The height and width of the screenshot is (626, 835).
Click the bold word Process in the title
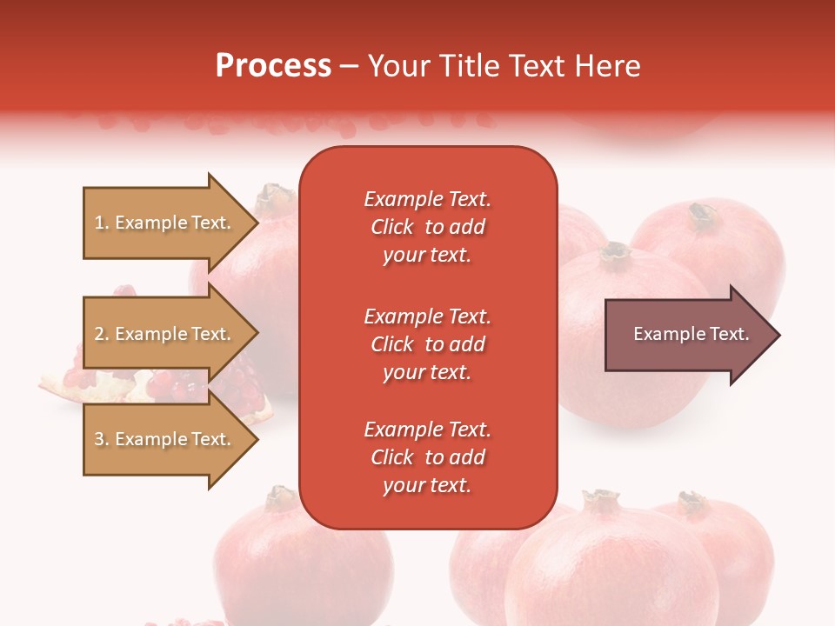(x=273, y=66)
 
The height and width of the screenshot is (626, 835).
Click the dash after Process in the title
(x=349, y=67)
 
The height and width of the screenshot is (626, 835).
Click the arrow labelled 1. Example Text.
(x=165, y=223)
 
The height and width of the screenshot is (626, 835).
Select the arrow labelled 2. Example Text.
(x=165, y=334)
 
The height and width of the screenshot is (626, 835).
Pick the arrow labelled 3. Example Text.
(x=165, y=439)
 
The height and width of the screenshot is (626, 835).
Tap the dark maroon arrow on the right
(x=687, y=335)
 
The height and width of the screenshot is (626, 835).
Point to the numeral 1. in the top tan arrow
(x=102, y=223)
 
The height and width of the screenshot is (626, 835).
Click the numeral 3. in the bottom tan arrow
(x=102, y=439)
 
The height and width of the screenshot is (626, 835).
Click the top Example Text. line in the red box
(x=427, y=199)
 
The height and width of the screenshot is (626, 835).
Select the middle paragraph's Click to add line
(x=427, y=344)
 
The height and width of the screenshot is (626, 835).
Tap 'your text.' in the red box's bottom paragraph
(x=427, y=485)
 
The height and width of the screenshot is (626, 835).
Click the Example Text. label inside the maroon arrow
(x=691, y=334)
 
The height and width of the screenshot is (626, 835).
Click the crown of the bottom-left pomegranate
(x=279, y=497)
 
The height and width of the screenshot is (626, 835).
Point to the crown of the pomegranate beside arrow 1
(x=275, y=196)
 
